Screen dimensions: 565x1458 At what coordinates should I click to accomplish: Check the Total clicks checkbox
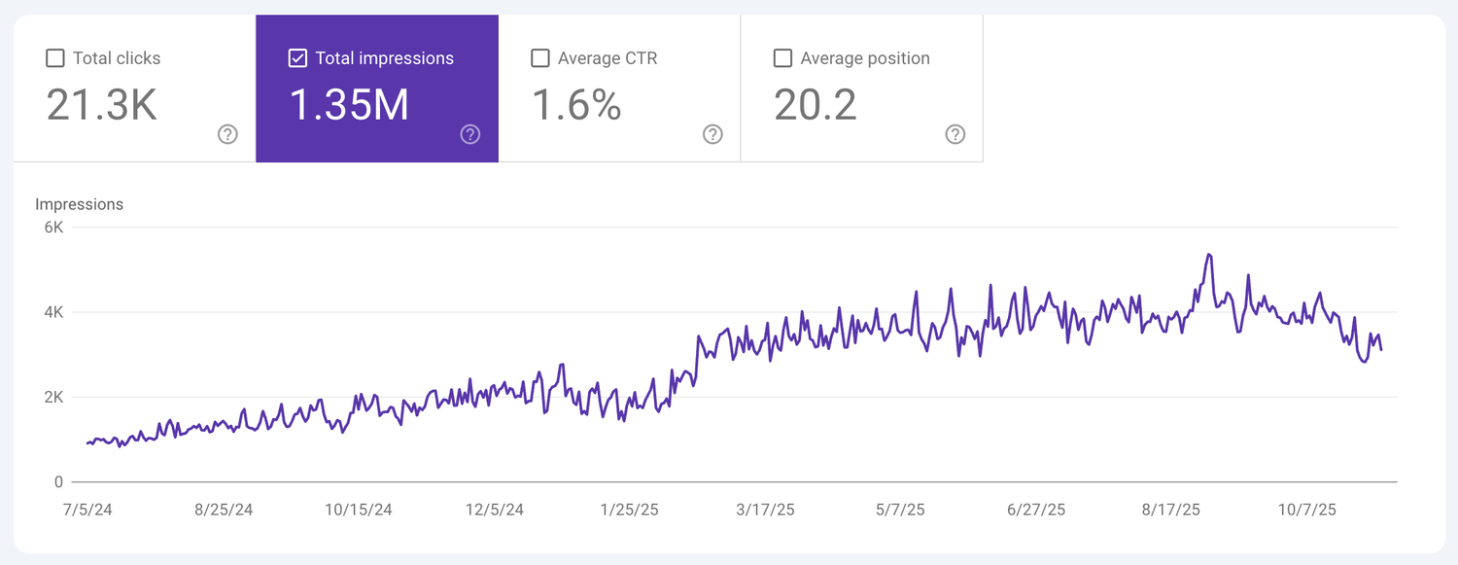click(x=55, y=58)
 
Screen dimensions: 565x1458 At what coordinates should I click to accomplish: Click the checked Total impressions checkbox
click(x=298, y=58)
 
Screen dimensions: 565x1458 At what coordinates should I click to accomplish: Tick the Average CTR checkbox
click(x=540, y=58)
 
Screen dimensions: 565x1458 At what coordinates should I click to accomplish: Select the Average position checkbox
click(x=782, y=58)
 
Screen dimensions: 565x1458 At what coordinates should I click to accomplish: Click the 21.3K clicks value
click(x=101, y=105)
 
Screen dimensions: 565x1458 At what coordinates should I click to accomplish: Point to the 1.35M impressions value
click(x=349, y=105)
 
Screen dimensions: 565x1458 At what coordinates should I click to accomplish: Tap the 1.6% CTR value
click(x=576, y=105)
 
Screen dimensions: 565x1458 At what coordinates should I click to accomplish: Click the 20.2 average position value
click(x=816, y=105)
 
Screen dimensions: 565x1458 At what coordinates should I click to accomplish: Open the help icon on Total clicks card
click(x=227, y=134)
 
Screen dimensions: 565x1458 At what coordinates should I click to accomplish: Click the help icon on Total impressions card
click(x=470, y=134)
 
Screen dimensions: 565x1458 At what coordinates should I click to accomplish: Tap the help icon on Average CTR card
click(x=712, y=134)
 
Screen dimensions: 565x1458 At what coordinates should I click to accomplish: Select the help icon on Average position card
click(x=955, y=134)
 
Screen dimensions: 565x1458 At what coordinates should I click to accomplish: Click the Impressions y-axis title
click(x=79, y=204)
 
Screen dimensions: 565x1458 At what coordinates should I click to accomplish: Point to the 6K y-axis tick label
click(x=53, y=228)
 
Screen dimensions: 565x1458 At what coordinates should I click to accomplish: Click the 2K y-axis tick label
click(x=53, y=397)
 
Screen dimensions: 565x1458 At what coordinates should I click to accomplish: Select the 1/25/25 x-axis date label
click(x=630, y=510)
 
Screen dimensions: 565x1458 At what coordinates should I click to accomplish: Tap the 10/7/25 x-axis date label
click(x=1307, y=510)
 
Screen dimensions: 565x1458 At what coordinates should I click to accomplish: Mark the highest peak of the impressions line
click(x=1208, y=255)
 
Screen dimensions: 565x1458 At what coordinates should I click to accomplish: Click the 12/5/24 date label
click(x=495, y=510)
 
